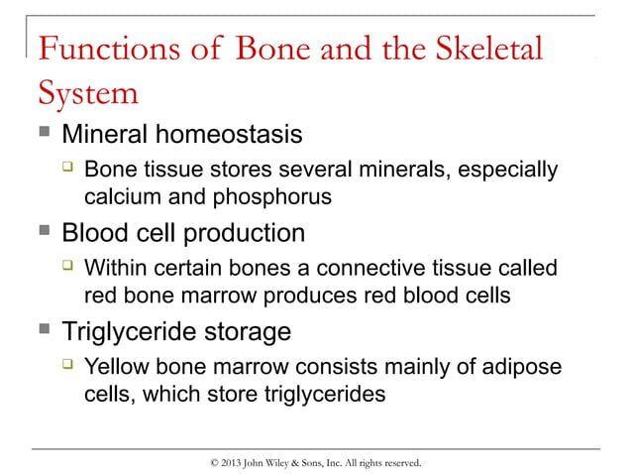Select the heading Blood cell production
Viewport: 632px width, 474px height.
point(183,234)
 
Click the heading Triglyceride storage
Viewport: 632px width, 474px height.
point(176,330)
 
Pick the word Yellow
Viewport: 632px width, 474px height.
point(117,367)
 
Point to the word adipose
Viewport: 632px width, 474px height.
point(524,367)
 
